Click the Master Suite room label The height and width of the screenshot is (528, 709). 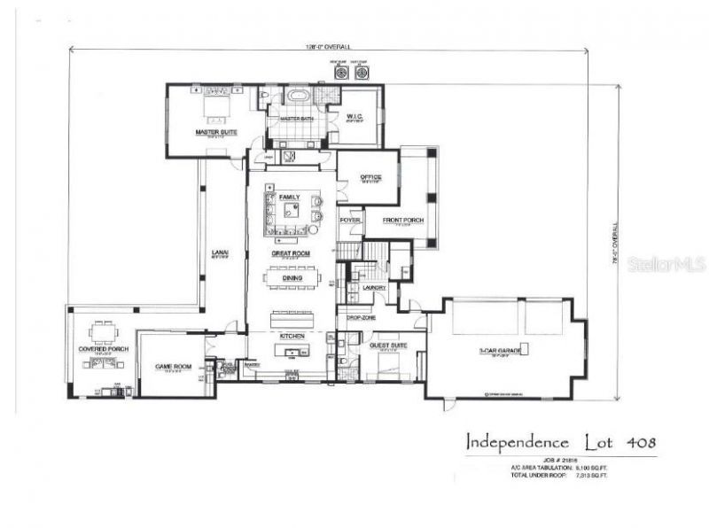pyautogui.click(x=213, y=133)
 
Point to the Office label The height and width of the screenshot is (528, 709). pyautogui.click(x=370, y=177)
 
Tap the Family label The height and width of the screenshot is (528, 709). pyautogui.click(x=290, y=197)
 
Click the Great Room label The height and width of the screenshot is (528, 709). pyautogui.click(x=291, y=253)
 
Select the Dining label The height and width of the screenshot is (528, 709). pyautogui.click(x=291, y=277)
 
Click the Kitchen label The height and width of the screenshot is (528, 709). pyautogui.click(x=292, y=337)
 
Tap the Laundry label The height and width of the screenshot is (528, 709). pyautogui.click(x=373, y=287)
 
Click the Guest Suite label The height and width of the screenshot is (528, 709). pyautogui.click(x=387, y=344)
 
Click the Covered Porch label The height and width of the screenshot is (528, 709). pyautogui.click(x=104, y=349)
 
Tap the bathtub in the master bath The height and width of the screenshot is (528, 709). pyautogui.click(x=296, y=96)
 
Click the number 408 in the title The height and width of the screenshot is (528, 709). pyautogui.click(x=639, y=440)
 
